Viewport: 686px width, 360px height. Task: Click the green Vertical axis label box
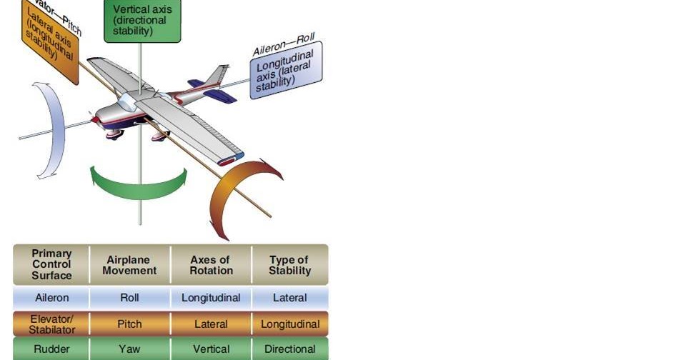click(x=142, y=20)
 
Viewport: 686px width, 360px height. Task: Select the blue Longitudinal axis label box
click(x=286, y=70)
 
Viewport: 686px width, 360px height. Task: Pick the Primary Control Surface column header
click(x=51, y=265)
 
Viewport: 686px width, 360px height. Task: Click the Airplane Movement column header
click(x=129, y=265)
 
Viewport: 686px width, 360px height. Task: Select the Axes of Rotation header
click(x=211, y=265)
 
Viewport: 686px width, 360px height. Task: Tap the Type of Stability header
click(x=289, y=265)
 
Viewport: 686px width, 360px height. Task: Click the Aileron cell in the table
click(x=51, y=298)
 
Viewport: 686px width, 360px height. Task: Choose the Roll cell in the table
click(x=129, y=298)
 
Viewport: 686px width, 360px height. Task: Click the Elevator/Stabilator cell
click(x=51, y=324)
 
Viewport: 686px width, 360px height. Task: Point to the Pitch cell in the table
click(x=129, y=324)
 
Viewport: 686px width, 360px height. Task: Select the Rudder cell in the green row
click(x=51, y=349)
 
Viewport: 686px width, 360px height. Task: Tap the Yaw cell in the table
click(x=129, y=349)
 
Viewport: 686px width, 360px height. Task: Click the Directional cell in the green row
click(x=289, y=349)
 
